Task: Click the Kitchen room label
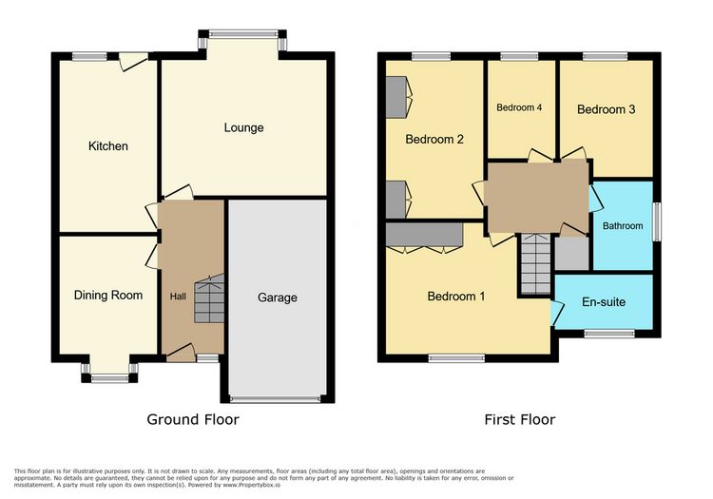[x=107, y=145]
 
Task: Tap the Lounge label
[x=243, y=127]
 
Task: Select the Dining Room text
[x=108, y=296]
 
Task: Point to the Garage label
[x=278, y=297]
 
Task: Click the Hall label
[x=178, y=297]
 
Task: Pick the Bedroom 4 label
[x=519, y=107]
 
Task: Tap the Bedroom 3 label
[x=607, y=109]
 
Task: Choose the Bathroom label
[x=623, y=226]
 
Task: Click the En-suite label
[x=604, y=301]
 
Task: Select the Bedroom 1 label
[x=456, y=297]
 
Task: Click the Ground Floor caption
[x=193, y=419]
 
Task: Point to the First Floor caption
[x=520, y=419]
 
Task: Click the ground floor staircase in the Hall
[x=210, y=298]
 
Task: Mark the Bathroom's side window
[x=657, y=221]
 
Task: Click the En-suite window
[x=609, y=334]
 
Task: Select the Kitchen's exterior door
[x=134, y=62]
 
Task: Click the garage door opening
[x=276, y=399]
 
